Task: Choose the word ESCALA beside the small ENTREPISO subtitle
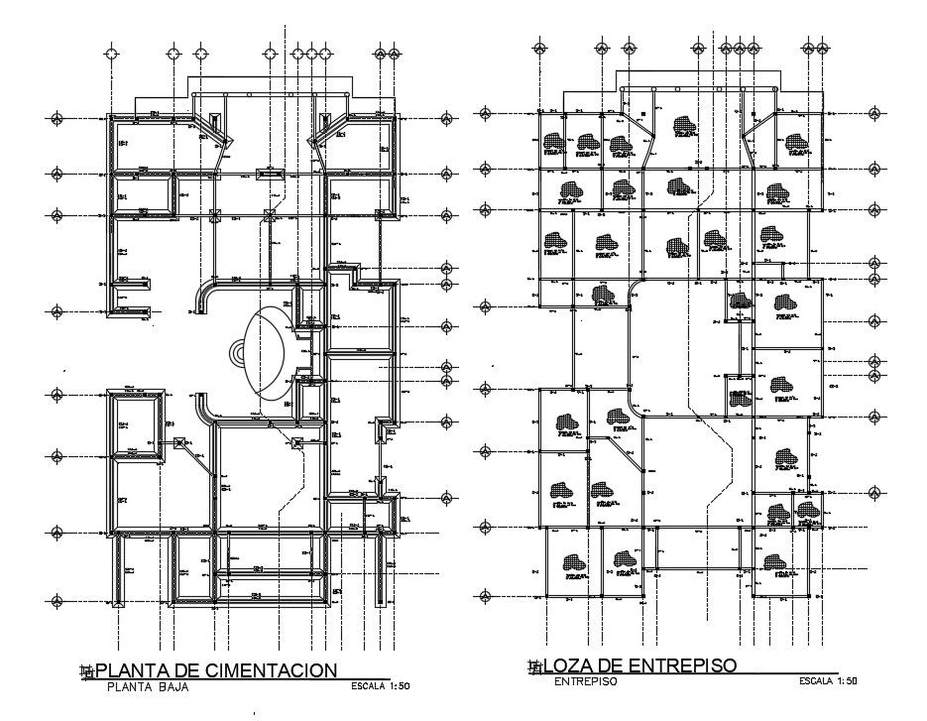(819, 680)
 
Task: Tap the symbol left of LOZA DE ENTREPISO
(535, 665)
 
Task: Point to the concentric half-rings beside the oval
(238, 352)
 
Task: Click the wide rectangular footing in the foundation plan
(269, 175)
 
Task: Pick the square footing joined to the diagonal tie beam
(179, 443)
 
